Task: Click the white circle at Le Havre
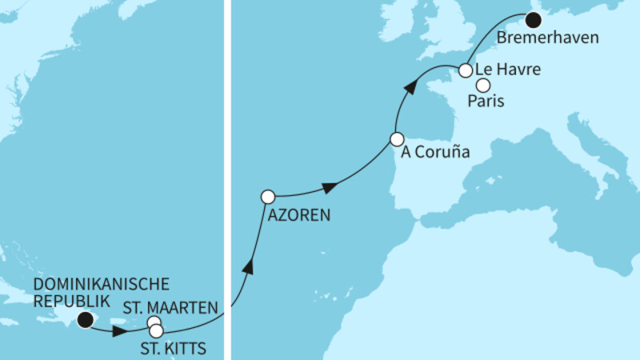465,71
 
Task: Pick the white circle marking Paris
483,84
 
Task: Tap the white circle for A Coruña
396,138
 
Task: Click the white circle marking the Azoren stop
268,196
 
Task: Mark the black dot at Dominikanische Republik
85,322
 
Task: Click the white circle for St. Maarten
153,323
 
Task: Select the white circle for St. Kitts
156,330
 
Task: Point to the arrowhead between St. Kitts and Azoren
250,266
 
